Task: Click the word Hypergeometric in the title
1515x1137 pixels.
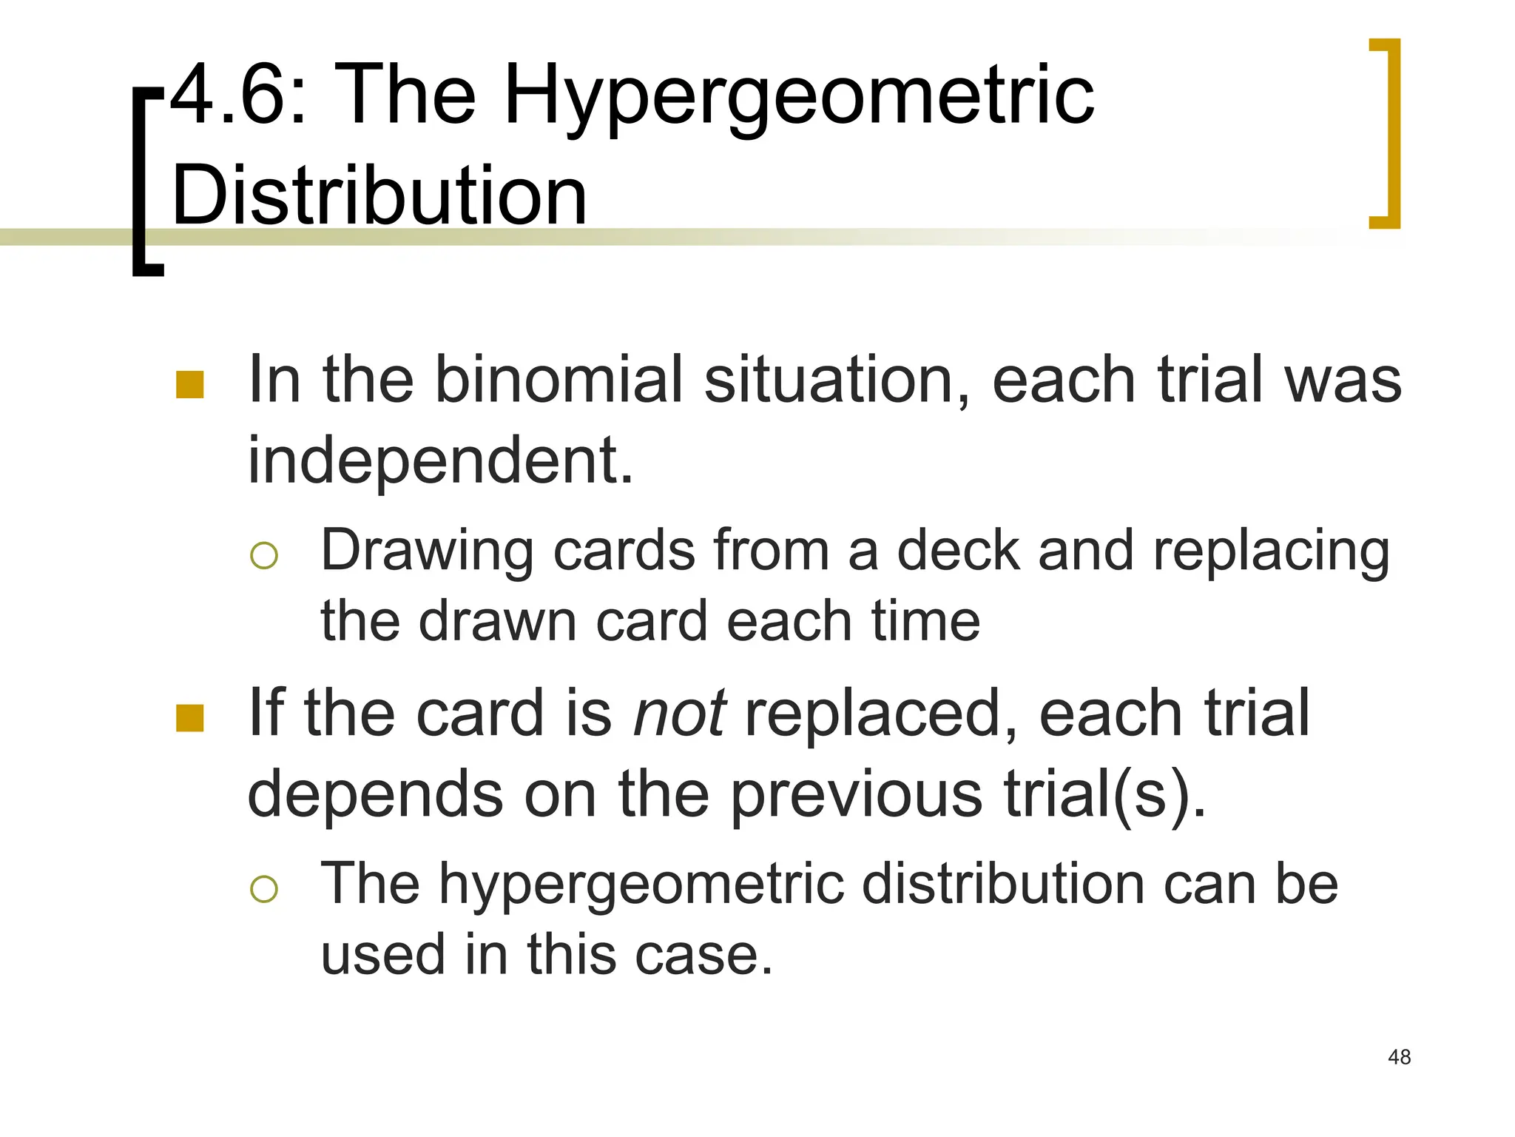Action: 799,96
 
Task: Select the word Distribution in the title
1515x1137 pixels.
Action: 379,195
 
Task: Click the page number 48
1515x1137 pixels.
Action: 1400,1057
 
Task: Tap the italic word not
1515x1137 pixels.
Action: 679,714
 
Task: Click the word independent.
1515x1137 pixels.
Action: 440,460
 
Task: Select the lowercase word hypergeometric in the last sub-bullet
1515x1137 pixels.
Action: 641,885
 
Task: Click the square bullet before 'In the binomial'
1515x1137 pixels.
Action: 190,385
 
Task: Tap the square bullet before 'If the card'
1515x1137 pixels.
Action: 190,718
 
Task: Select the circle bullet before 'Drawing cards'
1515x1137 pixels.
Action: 264,555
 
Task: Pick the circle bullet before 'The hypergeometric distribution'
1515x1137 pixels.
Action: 264,888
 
